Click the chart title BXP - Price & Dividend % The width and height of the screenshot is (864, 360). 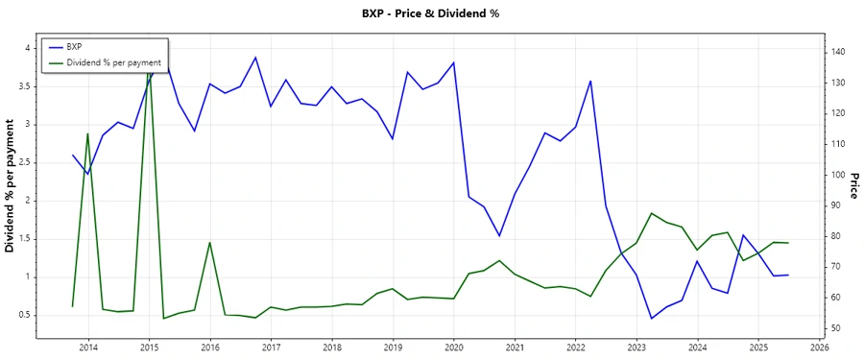[431, 13]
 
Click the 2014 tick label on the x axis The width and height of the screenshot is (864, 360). [87, 348]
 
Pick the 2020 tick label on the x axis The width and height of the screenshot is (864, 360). [453, 348]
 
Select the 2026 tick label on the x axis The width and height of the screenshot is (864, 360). [819, 348]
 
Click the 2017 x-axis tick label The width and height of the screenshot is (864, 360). [271, 348]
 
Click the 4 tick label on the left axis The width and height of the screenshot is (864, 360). [27, 48]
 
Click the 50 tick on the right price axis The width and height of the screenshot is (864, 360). [838, 328]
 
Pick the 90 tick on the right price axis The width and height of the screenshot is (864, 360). [838, 205]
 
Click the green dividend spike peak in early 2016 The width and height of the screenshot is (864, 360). [209, 243]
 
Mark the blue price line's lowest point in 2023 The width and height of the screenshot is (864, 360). [652, 319]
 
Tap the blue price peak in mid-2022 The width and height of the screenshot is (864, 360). [590, 81]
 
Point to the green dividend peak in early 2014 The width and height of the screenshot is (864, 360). [87, 133]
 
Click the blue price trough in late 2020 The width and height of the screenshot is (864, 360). [499, 236]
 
